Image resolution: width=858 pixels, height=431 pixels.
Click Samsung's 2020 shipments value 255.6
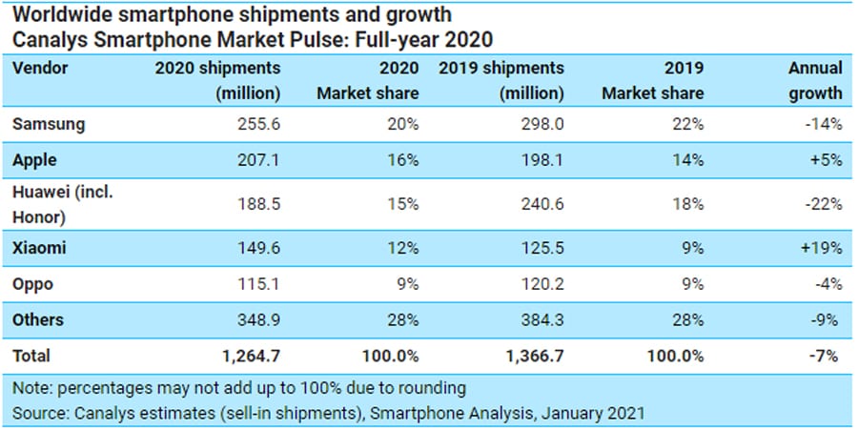[x=256, y=125]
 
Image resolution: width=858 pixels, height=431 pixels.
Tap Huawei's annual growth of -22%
[x=822, y=203]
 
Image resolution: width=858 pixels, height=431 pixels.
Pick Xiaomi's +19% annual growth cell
[x=820, y=247]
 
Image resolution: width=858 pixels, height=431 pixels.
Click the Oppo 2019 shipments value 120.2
[x=540, y=283]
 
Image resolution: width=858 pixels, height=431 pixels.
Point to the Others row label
[x=37, y=319]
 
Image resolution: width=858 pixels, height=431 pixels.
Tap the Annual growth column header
[x=815, y=81]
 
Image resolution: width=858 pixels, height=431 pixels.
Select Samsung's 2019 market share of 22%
[x=687, y=125]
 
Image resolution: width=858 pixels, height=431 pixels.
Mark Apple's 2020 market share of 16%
[x=403, y=160]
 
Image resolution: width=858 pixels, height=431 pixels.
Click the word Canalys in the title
[x=48, y=39]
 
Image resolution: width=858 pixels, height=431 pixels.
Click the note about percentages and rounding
[x=239, y=388]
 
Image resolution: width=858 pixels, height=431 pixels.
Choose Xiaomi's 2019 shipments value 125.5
[x=540, y=247]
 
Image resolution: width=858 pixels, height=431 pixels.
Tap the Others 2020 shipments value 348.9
[x=256, y=319]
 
